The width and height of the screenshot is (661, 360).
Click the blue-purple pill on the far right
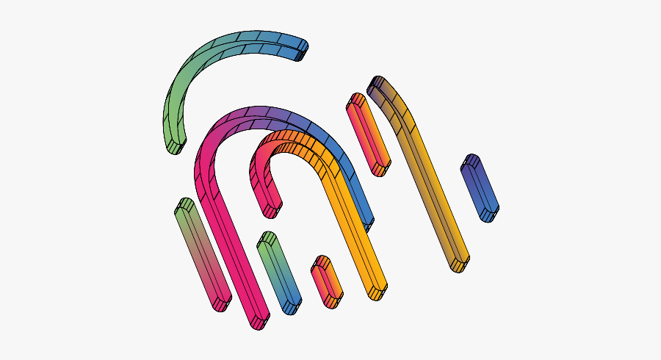pyautogui.click(x=480, y=187)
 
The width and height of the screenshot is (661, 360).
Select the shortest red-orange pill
pyautogui.click(x=326, y=281)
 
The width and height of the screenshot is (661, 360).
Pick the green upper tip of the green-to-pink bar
pyautogui.click(x=184, y=209)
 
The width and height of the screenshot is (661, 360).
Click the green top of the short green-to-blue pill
pyautogui.click(x=267, y=242)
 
